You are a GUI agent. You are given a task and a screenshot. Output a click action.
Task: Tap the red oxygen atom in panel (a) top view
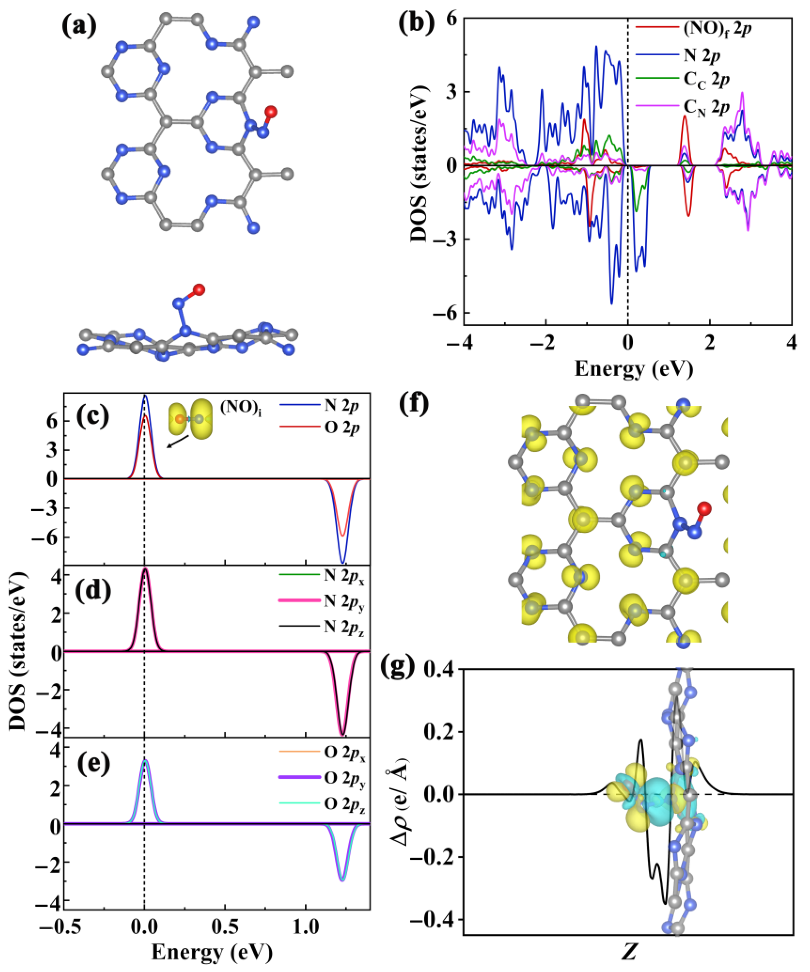(271, 112)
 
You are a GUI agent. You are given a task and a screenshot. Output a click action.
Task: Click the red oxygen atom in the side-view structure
(199, 290)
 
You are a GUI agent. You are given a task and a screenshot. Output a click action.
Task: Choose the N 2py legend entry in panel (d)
(344, 601)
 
